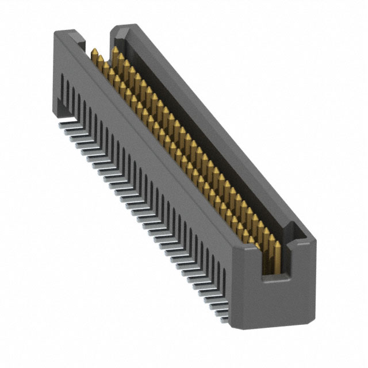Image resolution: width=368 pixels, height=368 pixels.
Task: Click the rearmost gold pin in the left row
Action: (x=93, y=54)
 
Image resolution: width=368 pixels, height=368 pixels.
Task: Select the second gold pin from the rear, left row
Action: (x=99, y=60)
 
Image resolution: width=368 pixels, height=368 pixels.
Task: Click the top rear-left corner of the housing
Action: (x=56, y=33)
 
